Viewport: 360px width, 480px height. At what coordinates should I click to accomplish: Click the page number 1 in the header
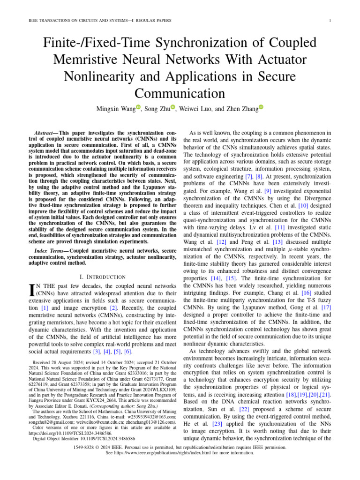click(x=330, y=20)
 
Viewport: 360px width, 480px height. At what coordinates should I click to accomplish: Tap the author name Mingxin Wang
click(x=115, y=109)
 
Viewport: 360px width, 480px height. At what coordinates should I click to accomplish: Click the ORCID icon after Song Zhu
click(x=173, y=107)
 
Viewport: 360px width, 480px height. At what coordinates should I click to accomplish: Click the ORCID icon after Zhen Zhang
click(x=261, y=107)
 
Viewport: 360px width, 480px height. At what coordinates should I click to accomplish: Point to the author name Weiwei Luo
click(x=196, y=109)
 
